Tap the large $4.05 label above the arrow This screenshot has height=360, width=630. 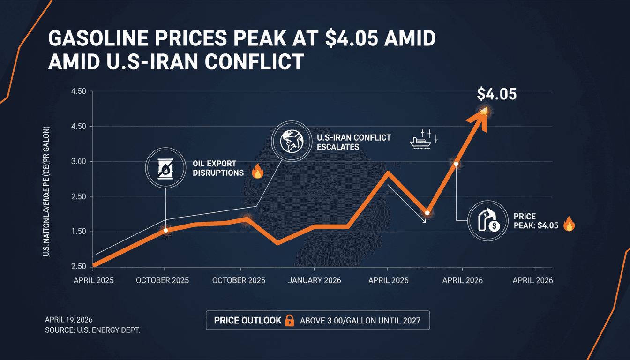pos(496,94)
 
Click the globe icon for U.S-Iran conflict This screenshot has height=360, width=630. pos(290,139)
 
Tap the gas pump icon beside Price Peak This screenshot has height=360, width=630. pos(487,221)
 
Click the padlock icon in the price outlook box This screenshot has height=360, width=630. pos(290,321)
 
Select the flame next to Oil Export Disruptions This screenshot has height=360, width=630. pos(257,172)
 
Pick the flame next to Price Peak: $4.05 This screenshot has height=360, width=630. pos(569,225)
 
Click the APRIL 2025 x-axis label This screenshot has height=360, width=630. pos(93,280)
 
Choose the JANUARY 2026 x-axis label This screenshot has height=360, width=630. pos(315,280)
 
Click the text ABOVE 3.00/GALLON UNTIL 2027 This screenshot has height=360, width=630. pos(360,321)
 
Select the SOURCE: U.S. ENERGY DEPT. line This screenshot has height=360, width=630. pos(92,330)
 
